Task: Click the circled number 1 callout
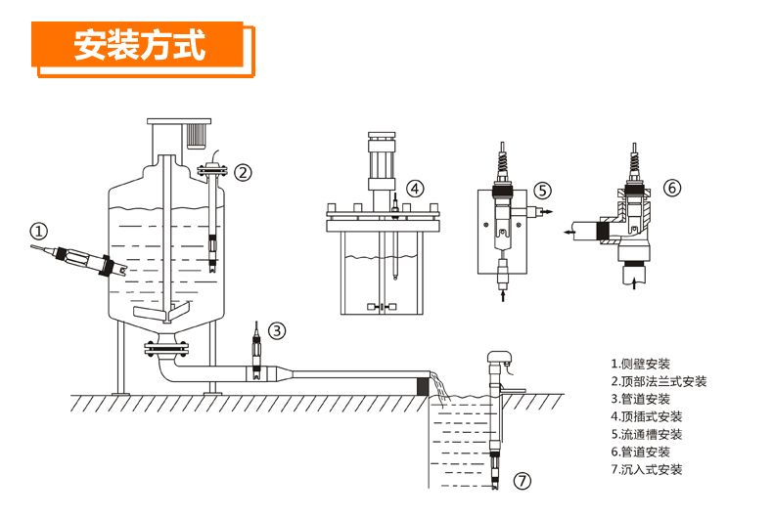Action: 38,232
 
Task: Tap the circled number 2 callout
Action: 242,172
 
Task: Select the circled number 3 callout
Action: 278,330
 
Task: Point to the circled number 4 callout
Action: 415,188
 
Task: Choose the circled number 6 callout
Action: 671,187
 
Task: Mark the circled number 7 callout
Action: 523,480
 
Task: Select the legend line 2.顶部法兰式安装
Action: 658,382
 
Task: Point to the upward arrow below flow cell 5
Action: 503,290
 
